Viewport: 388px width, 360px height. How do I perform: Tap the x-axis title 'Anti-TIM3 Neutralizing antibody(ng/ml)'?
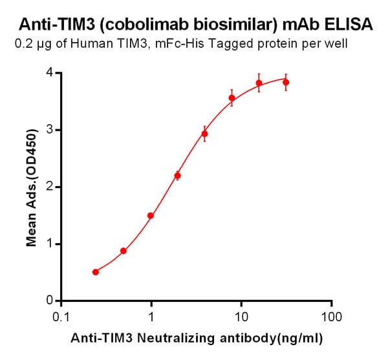point(197,337)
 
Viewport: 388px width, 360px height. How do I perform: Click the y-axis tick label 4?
point(49,73)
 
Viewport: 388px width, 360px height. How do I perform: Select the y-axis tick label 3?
point(49,130)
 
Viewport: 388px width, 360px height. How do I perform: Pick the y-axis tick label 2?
point(49,187)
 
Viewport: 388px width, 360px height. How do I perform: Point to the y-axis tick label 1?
point(49,244)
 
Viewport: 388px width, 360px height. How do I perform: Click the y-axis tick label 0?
point(49,301)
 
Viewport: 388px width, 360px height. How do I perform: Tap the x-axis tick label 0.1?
point(61,317)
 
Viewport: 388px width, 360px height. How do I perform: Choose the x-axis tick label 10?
point(241,317)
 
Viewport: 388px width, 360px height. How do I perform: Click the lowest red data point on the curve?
point(96,272)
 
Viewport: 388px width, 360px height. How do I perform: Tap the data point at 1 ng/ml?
point(151,216)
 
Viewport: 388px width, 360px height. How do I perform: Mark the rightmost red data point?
point(286,82)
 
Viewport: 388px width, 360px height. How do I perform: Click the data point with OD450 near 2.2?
point(178,175)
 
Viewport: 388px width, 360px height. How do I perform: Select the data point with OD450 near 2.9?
point(205,134)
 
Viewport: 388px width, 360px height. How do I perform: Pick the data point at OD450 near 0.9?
point(124,251)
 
